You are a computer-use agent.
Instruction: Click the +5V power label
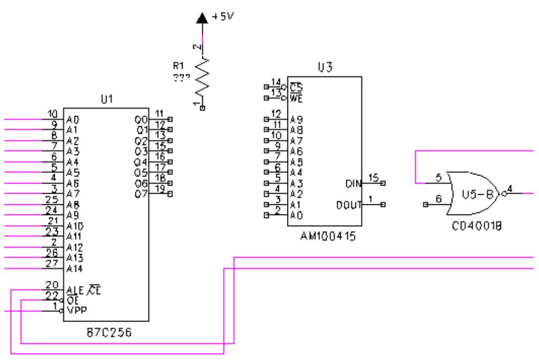click(223, 16)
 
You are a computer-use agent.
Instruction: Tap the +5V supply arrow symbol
click(202, 18)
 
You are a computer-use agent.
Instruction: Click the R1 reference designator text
click(178, 66)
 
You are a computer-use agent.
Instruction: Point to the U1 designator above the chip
click(107, 99)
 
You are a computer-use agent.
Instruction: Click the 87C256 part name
click(109, 333)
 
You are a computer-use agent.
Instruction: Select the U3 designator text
click(325, 67)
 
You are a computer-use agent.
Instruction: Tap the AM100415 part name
click(328, 236)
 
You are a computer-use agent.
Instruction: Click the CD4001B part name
click(476, 226)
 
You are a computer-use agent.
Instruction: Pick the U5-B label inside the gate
click(477, 194)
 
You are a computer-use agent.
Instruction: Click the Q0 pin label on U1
click(141, 120)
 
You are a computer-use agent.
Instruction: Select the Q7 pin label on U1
click(141, 194)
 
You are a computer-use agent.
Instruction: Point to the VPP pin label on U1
click(77, 311)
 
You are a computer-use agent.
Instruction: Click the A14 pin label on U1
click(74, 269)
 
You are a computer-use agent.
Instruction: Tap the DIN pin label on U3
click(353, 184)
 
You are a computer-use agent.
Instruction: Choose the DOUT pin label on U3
click(349, 205)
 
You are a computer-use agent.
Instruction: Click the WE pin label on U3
click(296, 98)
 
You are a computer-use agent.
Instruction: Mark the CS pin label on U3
click(296, 87)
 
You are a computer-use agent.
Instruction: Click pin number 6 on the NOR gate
click(438, 199)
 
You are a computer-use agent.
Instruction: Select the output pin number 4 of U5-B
click(510, 189)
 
